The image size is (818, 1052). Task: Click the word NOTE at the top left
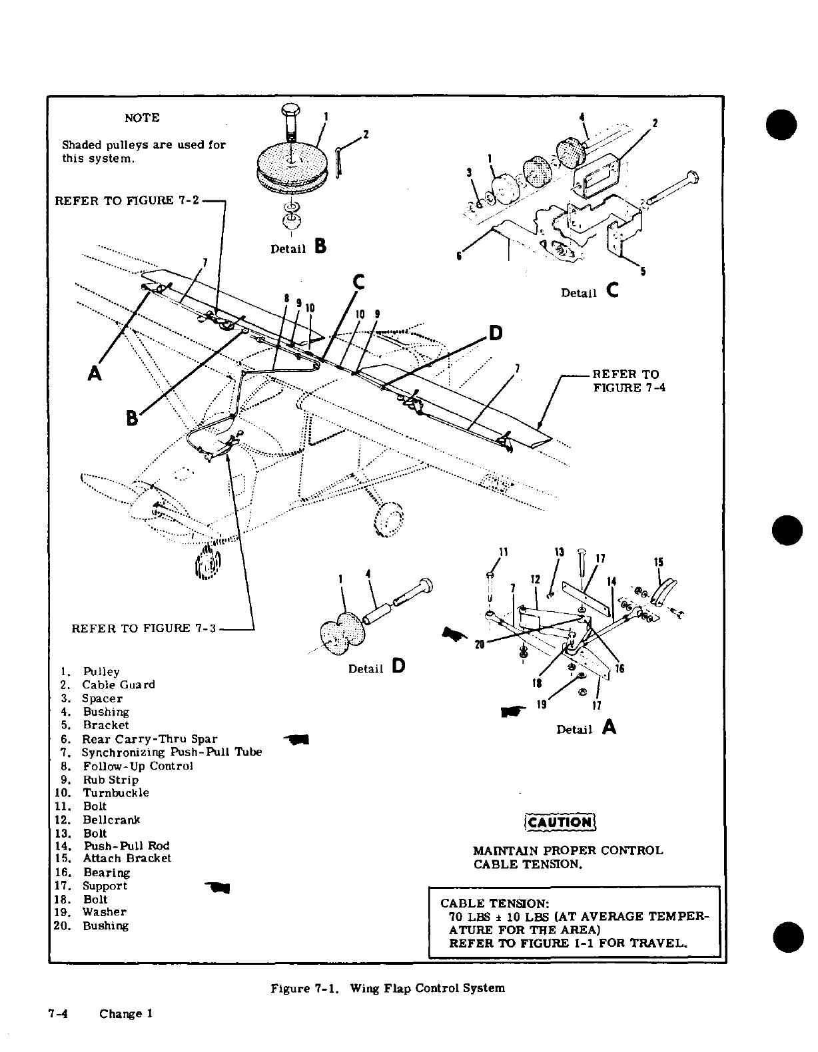coord(142,118)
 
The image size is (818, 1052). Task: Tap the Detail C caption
coord(590,292)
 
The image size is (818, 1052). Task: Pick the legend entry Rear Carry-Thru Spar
coord(149,738)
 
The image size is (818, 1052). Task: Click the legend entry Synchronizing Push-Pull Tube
coord(171,752)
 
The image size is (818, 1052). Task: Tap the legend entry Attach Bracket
coord(127,859)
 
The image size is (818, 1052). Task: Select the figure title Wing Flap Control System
coord(387,988)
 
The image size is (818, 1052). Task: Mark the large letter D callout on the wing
coord(496,333)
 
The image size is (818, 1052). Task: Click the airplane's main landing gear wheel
coord(390,517)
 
